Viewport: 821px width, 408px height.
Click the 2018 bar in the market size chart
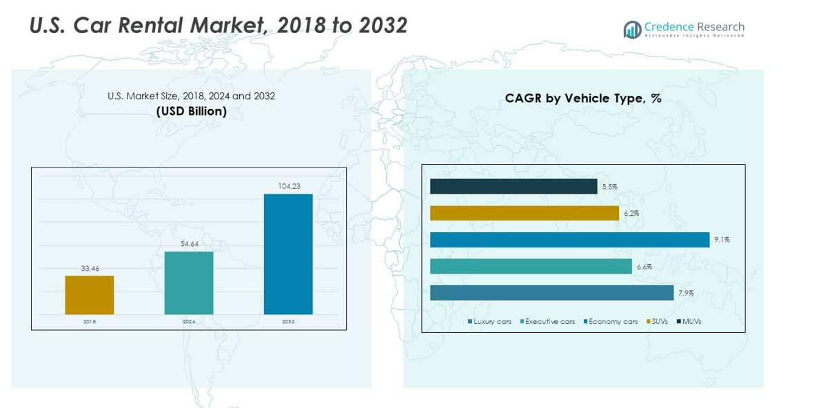tap(90, 295)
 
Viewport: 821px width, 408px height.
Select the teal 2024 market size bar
tap(189, 283)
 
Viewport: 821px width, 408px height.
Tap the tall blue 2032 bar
tap(288, 254)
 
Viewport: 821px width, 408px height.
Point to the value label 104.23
tap(288, 186)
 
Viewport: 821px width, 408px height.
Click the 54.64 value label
tap(189, 244)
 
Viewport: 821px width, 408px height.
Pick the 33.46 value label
tap(90, 268)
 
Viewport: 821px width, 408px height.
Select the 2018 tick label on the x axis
tap(90, 322)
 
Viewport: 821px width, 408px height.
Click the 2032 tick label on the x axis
tap(288, 322)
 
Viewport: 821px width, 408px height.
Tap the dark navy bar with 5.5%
tap(514, 187)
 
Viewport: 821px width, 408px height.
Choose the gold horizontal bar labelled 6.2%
tap(524, 214)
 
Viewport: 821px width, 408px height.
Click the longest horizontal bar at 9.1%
tap(569, 240)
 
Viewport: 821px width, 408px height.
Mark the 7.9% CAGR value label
tap(686, 293)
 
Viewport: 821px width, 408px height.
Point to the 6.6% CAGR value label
tap(644, 267)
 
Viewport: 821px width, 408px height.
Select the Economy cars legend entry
tap(611, 322)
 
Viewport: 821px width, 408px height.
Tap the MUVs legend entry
tap(689, 322)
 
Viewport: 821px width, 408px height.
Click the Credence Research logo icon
tap(632, 30)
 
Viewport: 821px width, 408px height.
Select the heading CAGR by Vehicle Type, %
tap(583, 98)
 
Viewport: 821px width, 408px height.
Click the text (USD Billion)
tap(192, 111)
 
